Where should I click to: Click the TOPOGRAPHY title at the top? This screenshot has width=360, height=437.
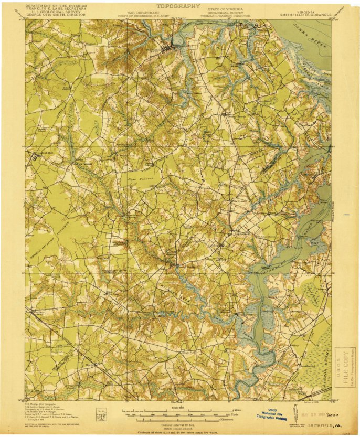178,6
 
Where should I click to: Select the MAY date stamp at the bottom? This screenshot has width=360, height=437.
311,414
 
